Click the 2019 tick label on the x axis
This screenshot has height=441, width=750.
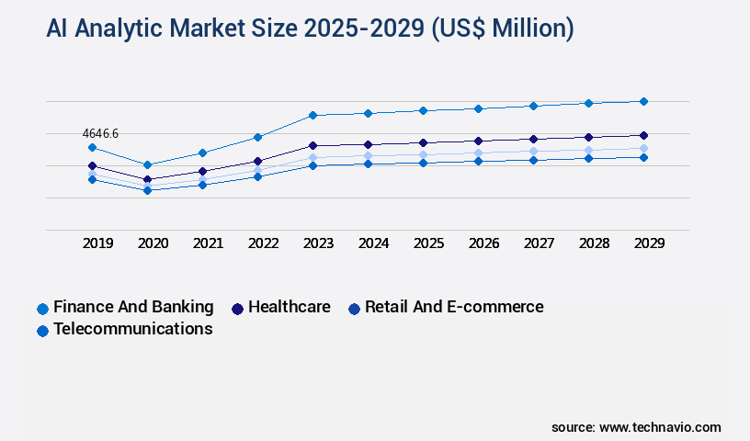pyautogui.click(x=97, y=243)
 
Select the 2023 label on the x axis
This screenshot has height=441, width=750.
pyautogui.click(x=318, y=243)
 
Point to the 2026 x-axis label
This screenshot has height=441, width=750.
pyautogui.click(x=483, y=243)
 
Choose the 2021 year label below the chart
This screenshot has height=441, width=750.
pyautogui.click(x=208, y=243)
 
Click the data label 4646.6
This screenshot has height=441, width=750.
pyautogui.click(x=100, y=134)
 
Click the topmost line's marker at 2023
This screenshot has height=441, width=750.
pyautogui.click(x=312, y=115)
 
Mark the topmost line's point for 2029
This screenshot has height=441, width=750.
pyautogui.click(x=643, y=101)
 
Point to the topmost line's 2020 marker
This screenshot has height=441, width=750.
pyautogui.click(x=147, y=164)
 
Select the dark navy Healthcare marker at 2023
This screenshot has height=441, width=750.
pyautogui.click(x=312, y=145)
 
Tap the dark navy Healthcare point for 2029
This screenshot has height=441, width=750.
pyautogui.click(x=643, y=135)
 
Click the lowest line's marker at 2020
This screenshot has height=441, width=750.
pyautogui.click(x=147, y=190)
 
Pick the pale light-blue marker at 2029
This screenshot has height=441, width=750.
pyautogui.click(x=643, y=148)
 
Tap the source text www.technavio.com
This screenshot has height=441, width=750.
pyautogui.click(x=660, y=427)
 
